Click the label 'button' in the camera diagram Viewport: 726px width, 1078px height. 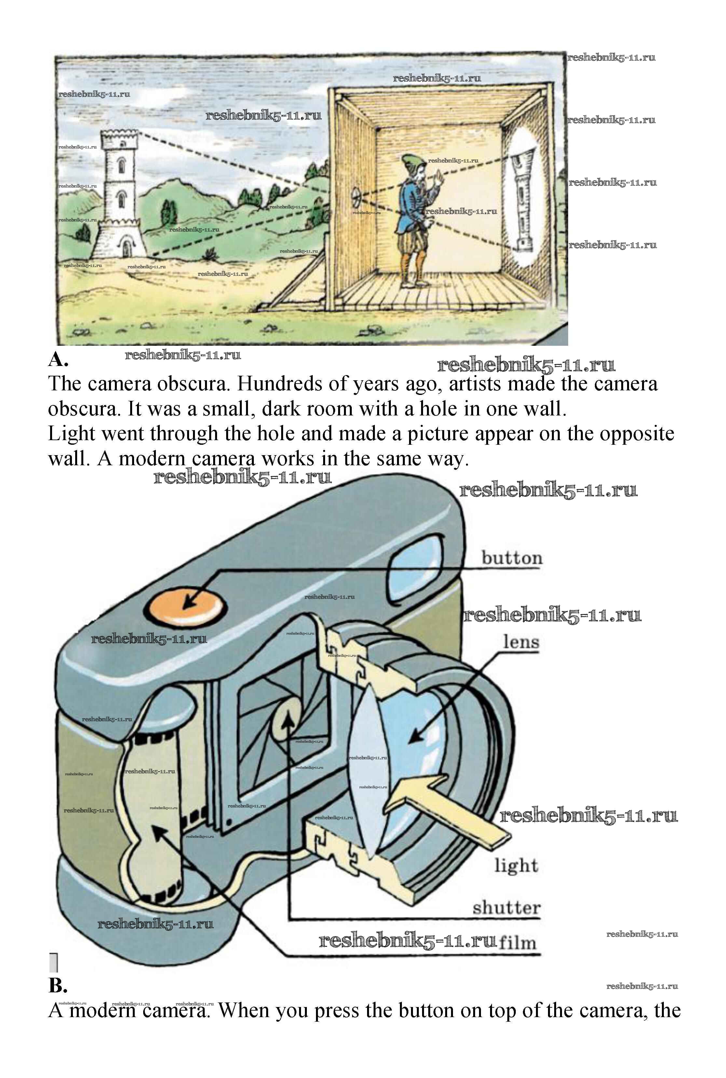point(512,558)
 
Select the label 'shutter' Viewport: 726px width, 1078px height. point(506,908)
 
